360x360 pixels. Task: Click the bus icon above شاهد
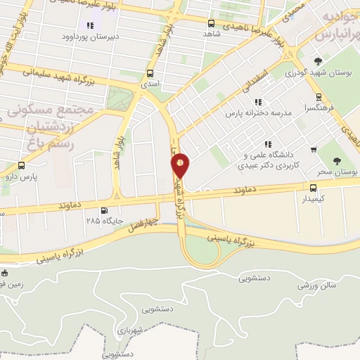pyautogui.click(x=207, y=21)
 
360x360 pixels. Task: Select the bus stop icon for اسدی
pyautogui.click(x=149, y=72)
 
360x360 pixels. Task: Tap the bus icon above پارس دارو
pyautogui.click(x=21, y=167)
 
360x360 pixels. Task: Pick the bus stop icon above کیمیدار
pyautogui.click(x=313, y=187)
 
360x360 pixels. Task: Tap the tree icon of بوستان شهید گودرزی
pyautogui.click(x=318, y=60)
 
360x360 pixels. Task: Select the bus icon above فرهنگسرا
pyautogui.click(x=319, y=98)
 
